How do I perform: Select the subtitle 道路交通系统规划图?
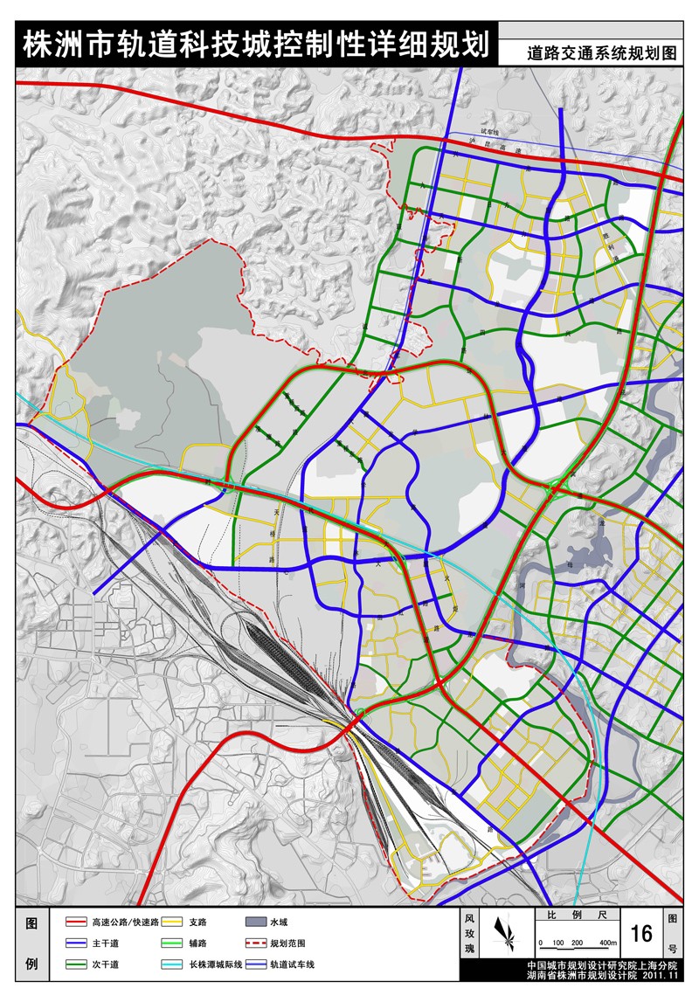[602, 52]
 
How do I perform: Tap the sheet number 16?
[640, 933]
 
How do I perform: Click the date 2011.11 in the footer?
[661, 977]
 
